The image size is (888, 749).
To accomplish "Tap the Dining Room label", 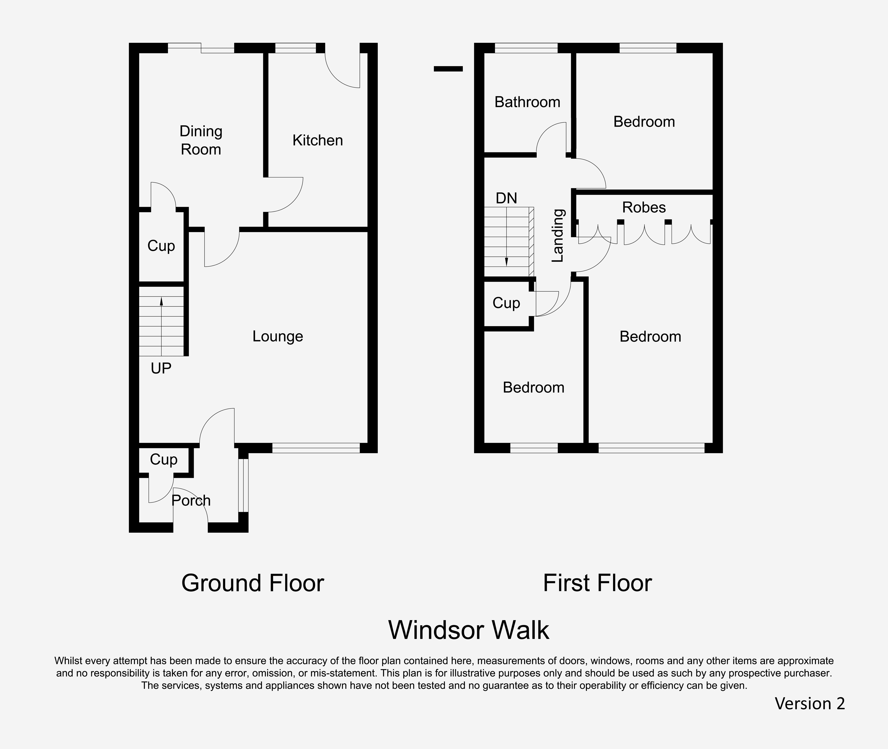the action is click(201, 140).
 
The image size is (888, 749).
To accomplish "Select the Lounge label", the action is click(278, 336).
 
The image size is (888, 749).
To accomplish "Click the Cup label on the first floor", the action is click(506, 303).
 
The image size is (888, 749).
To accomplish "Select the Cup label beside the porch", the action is click(164, 460).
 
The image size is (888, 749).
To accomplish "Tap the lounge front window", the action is click(316, 448).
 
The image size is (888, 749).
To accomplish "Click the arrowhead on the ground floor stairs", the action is click(161, 301).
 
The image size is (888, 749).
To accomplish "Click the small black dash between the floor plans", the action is click(448, 69).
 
